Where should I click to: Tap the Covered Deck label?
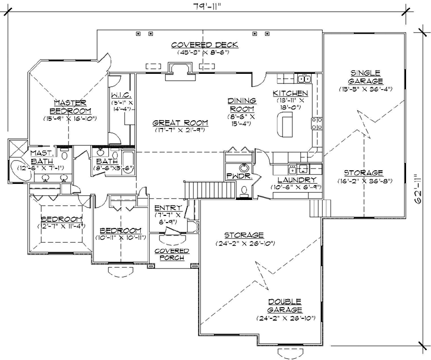tap(204, 45)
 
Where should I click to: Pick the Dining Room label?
tap(241, 105)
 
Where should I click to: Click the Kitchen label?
tap(290, 94)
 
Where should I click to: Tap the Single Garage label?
tap(366, 77)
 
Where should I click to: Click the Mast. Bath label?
tap(42, 156)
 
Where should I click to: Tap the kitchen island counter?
tap(285, 125)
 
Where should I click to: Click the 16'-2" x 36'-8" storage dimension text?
tap(361, 181)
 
